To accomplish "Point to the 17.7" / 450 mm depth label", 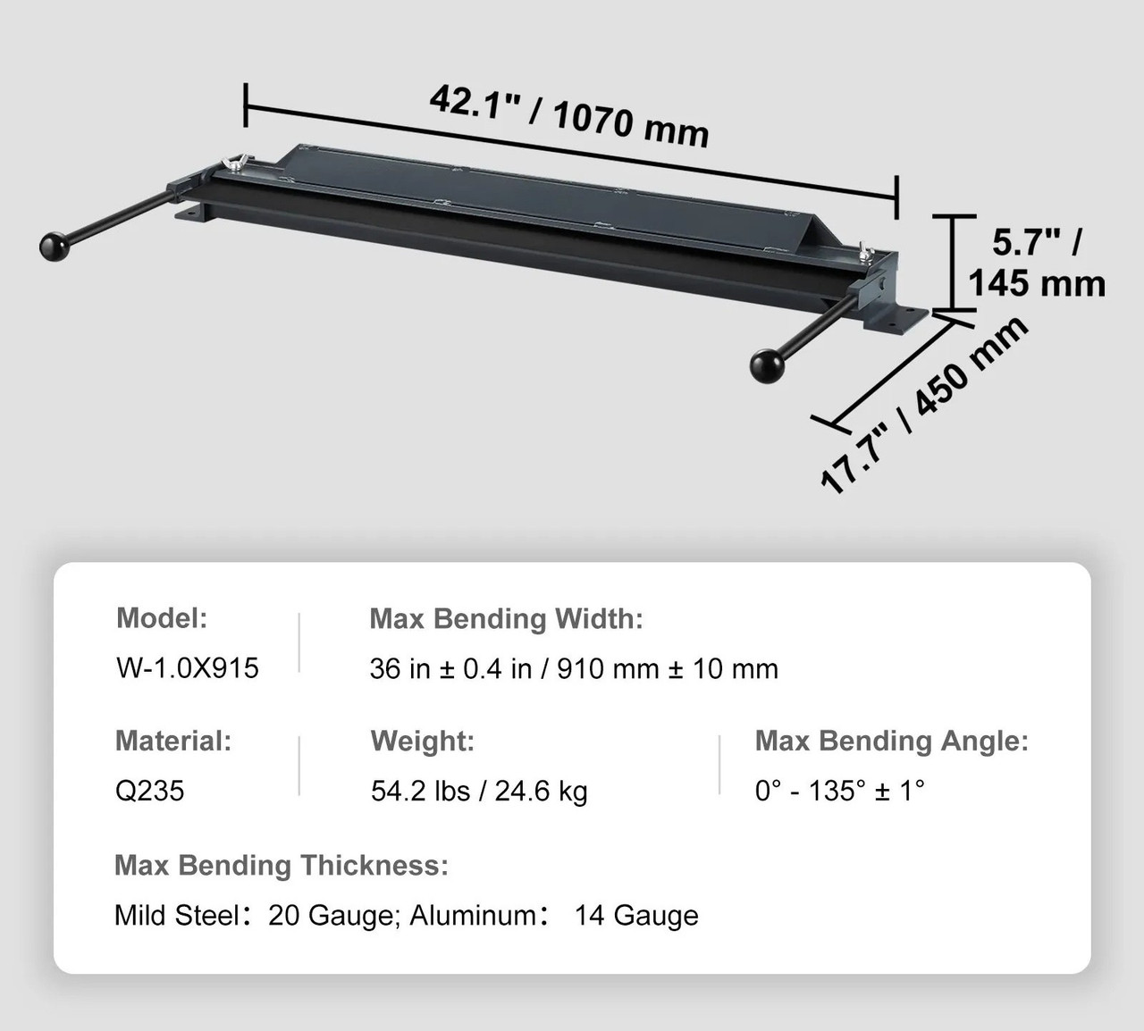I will coord(924,404).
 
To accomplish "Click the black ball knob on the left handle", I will coord(55,244).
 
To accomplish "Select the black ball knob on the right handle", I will coord(766,365).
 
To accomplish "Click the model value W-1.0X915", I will coord(188,668).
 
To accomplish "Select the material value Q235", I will coord(149,791).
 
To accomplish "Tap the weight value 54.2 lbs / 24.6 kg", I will coord(479,791).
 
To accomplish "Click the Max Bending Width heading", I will coord(506,618).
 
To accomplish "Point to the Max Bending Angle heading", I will coord(891,741).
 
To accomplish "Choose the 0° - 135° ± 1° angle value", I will coord(839,791).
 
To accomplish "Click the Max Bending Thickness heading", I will coord(282,865).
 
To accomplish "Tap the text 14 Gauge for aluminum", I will coord(636,916).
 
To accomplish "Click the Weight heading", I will coord(422,741).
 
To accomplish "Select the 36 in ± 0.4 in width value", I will coord(451,668).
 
